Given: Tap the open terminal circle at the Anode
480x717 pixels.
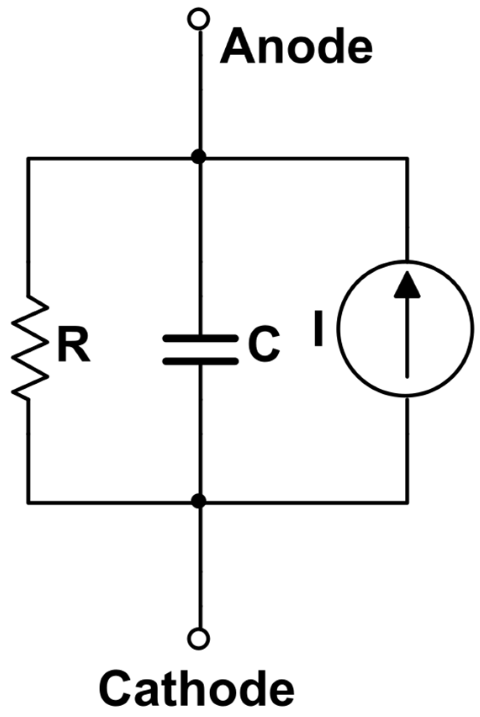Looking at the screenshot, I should pos(199,18).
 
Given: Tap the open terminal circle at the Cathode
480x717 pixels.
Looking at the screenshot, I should pos(199,639).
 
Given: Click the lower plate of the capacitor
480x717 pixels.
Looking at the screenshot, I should pos(200,361).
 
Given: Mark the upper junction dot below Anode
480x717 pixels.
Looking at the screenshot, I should pos(199,158).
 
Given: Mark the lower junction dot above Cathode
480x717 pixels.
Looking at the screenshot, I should pos(199,501).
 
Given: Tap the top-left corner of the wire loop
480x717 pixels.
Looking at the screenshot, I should pos(28,158).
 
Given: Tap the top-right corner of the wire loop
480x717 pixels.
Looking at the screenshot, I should pos(407,158).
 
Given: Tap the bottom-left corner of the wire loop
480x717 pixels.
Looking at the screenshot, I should pos(28,502).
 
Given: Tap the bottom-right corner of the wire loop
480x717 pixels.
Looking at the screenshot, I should pos(407,502).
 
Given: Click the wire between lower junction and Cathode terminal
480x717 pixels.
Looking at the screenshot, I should pos(200,567).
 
